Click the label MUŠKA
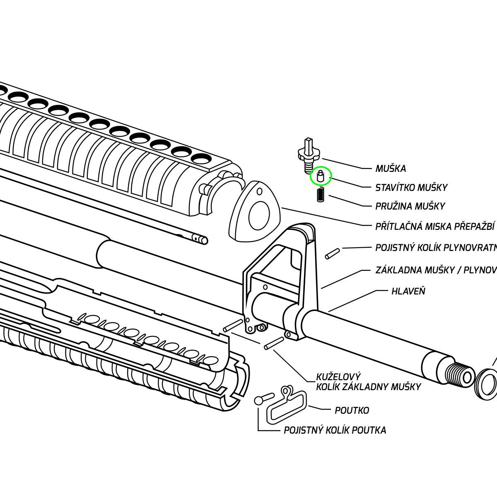[391, 169]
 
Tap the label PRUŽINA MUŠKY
[410, 206]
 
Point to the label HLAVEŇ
[408, 291]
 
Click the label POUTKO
[352, 410]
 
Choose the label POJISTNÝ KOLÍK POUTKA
[335, 430]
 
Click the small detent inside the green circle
[320, 176]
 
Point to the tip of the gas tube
[202, 239]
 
